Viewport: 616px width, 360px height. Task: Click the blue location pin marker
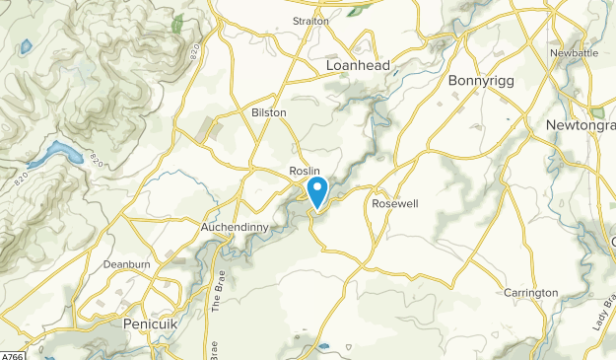[318, 189]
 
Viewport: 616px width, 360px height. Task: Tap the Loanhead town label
[358, 65]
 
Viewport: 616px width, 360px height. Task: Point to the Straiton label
[310, 20]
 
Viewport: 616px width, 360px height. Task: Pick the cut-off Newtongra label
[581, 126]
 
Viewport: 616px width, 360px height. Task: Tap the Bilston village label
[269, 112]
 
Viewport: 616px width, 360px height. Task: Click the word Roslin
[306, 171]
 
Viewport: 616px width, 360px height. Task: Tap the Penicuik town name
[150, 324]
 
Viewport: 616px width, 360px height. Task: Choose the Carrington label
[530, 293]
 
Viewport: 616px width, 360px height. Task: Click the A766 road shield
[11, 355]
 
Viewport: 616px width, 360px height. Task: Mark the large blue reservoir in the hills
[57, 154]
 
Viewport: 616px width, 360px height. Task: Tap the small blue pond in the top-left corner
[27, 47]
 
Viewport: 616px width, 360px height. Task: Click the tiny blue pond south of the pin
[325, 346]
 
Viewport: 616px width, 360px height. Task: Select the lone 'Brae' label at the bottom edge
[215, 349]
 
